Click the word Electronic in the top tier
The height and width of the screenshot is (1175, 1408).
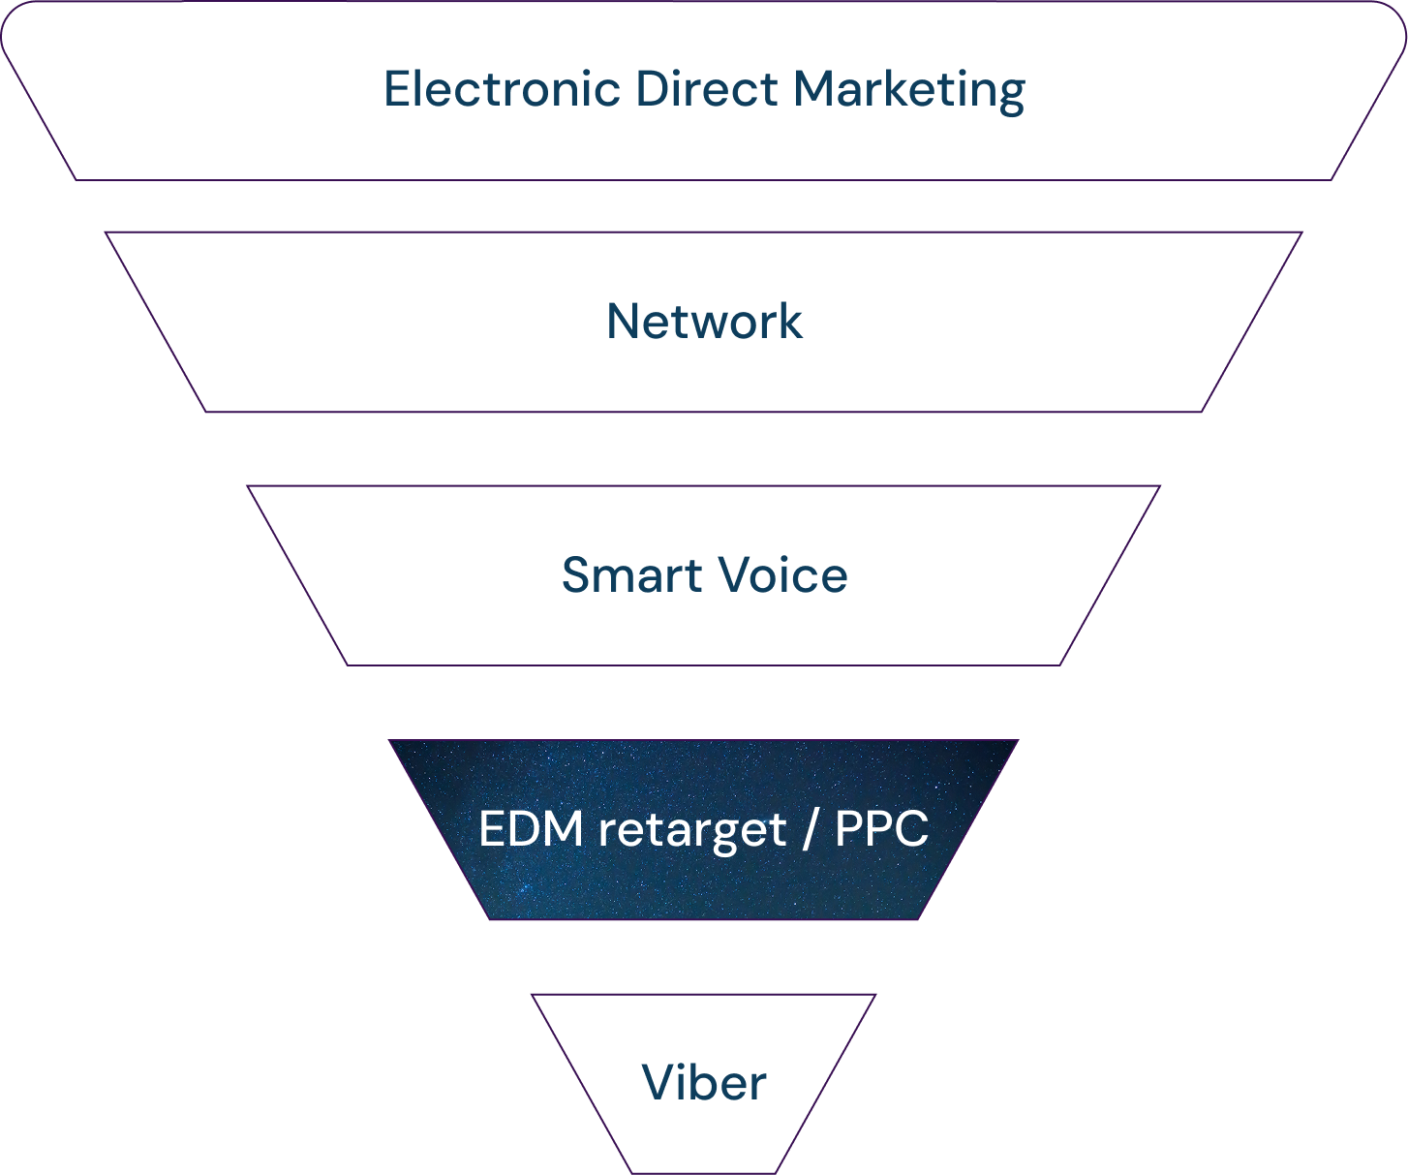[502, 89]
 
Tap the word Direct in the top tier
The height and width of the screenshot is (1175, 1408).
[706, 89]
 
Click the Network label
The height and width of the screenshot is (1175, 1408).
[704, 322]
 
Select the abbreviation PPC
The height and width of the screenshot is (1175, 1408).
[881, 829]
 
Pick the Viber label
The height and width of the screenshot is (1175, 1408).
[704, 1083]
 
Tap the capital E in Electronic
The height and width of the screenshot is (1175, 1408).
[396, 89]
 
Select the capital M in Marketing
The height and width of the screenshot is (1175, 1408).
[813, 89]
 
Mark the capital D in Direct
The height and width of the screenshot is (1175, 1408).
[652, 89]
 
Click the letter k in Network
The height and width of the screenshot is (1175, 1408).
[789, 322]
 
